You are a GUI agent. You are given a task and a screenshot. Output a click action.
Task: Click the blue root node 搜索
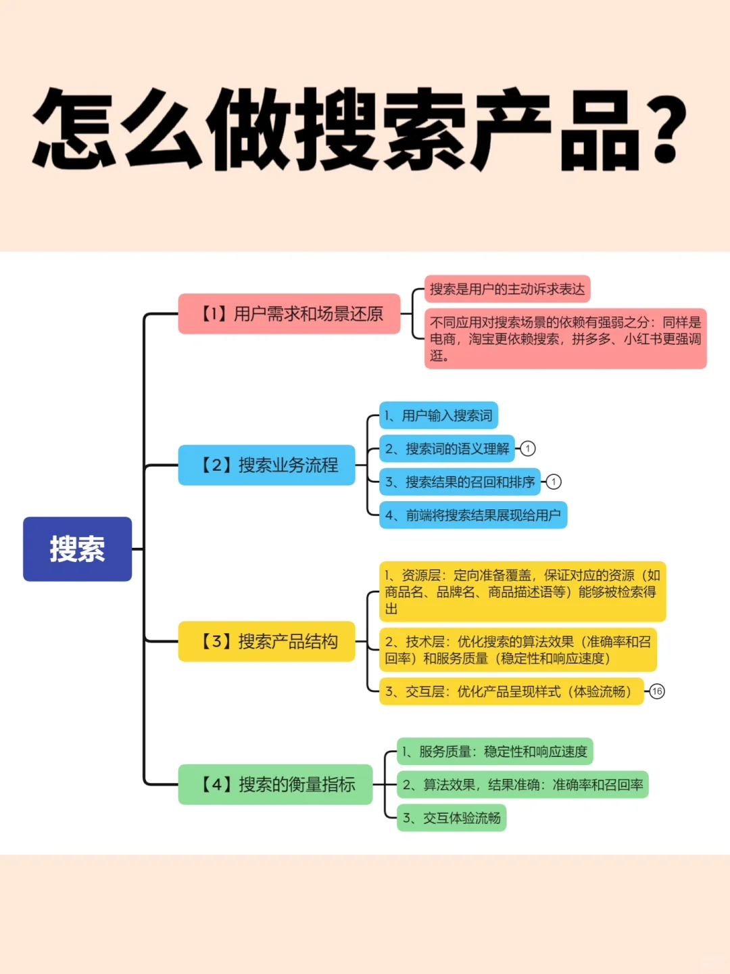77,549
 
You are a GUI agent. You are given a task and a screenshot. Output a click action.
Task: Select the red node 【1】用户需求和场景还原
289,314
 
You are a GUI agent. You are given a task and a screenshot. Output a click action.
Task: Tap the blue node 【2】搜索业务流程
266,465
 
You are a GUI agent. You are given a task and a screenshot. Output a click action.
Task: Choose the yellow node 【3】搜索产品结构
266,641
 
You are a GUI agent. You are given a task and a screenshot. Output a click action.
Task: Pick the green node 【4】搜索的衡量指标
275,785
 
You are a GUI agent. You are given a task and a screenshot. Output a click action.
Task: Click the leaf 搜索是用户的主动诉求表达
507,289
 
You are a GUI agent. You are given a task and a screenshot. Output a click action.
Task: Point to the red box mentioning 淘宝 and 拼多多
565,339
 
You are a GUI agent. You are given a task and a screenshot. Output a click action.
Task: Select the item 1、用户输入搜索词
439,415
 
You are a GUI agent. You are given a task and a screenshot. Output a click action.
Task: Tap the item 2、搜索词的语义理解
447,448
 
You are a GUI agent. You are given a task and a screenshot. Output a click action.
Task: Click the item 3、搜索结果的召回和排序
460,482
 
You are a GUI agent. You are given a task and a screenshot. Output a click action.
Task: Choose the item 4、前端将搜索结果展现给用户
472,515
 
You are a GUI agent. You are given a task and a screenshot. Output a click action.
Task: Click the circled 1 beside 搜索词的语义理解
528,448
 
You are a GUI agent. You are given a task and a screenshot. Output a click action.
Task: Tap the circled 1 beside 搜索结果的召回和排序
554,482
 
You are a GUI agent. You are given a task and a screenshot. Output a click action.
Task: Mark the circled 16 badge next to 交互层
657,691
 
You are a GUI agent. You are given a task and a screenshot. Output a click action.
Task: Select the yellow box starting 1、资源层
522,592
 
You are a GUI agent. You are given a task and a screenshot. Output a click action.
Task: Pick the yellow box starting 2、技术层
518,650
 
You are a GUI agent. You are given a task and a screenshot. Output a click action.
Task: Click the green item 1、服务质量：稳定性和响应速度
495,751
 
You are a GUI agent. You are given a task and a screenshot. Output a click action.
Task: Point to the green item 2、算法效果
522,785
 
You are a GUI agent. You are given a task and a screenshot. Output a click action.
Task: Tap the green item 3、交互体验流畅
452,818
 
